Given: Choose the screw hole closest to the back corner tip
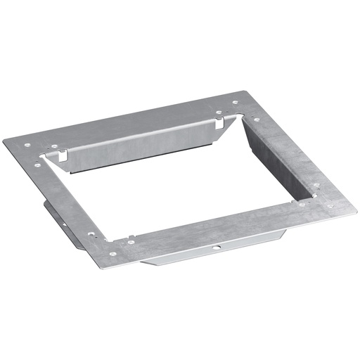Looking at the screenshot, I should click(219, 111).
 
